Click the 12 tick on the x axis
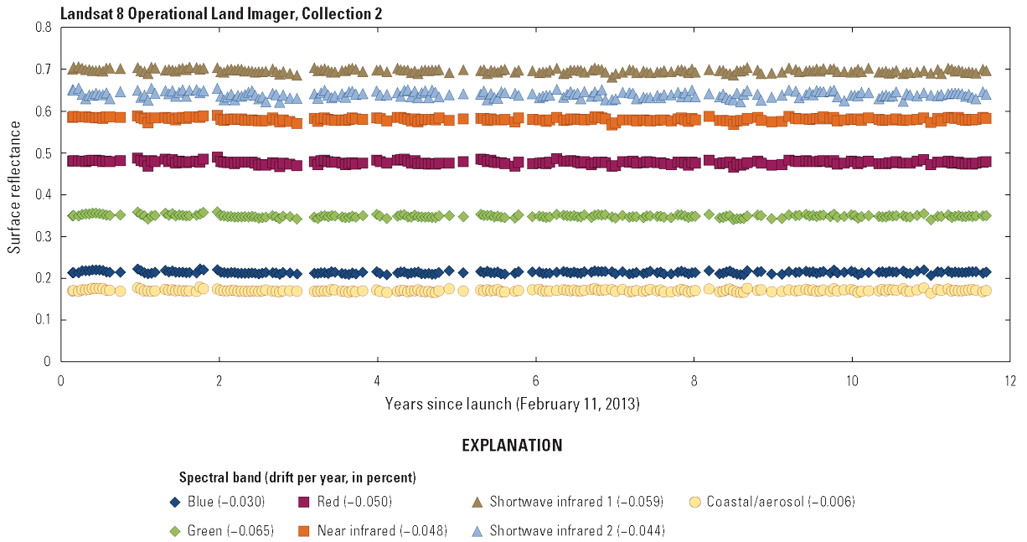click(x=1009, y=378)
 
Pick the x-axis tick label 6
click(x=535, y=378)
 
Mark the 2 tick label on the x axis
click(x=219, y=378)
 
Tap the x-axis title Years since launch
click(x=512, y=404)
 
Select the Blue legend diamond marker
click(x=175, y=503)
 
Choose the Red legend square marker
click(x=304, y=503)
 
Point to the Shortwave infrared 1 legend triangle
click(x=477, y=503)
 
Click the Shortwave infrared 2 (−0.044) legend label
click(x=577, y=531)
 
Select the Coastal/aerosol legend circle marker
click(x=694, y=503)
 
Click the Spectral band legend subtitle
click(x=298, y=478)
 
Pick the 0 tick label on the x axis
click(x=61, y=378)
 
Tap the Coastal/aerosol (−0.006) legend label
click(x=781, y=503)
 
